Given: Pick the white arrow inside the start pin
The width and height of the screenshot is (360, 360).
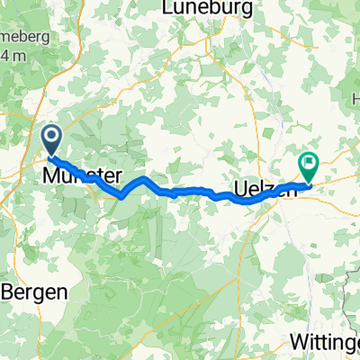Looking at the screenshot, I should (x=51, y=138).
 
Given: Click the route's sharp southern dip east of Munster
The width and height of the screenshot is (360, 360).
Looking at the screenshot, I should (x=121, y=194).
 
